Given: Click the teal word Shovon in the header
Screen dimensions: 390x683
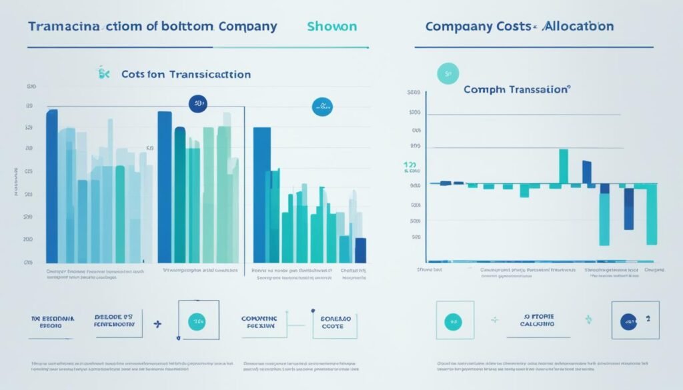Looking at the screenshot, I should [332, 27].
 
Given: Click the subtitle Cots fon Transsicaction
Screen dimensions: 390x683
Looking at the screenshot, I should [186, 75].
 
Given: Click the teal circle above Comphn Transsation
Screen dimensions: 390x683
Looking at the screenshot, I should [448, 75].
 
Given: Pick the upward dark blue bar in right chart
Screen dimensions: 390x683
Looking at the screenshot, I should [586, 171].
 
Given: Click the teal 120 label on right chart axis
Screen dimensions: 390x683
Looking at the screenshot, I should [410, 164].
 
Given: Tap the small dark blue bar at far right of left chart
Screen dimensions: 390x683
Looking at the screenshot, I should [361, 250].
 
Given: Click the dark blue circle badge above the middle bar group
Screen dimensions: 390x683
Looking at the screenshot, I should [198, 103].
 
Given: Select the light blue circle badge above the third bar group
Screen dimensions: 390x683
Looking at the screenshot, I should [323, 105].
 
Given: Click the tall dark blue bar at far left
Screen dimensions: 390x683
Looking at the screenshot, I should [52, 186].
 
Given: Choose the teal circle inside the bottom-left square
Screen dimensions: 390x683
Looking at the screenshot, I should [197, 321].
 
